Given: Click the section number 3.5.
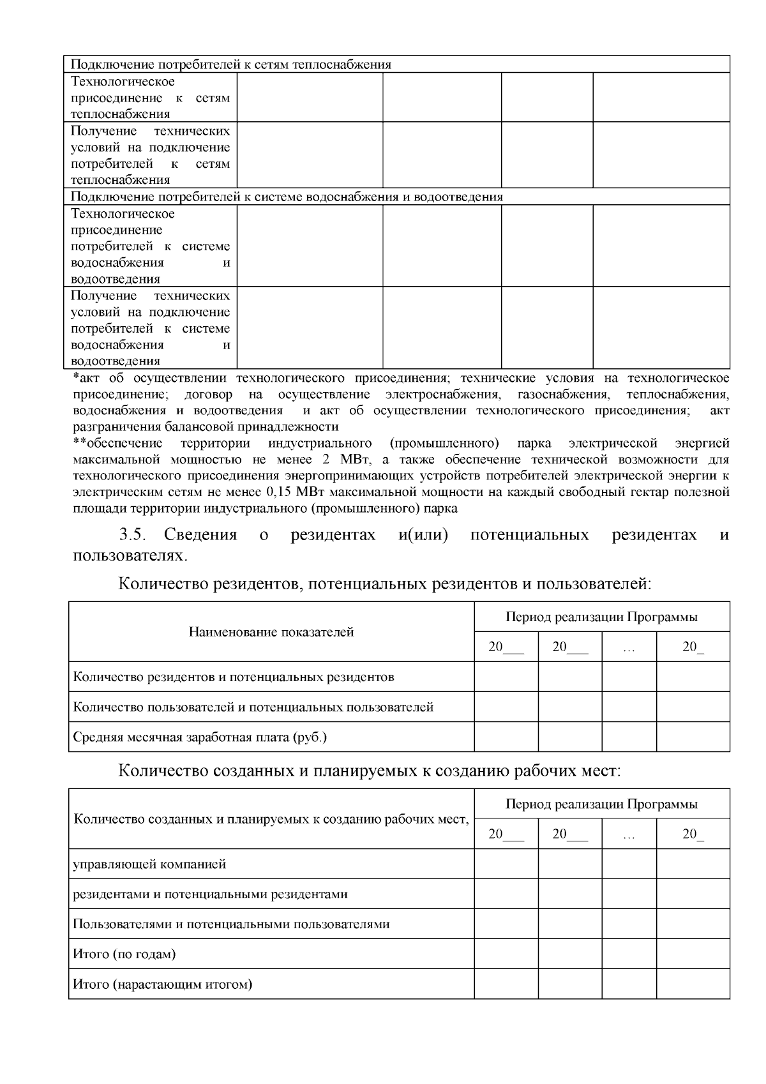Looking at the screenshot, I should (x=134, y=534).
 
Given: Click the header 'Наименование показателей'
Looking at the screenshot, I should (x=271, y=632).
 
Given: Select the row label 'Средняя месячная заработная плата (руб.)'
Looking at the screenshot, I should (x=200, y=737).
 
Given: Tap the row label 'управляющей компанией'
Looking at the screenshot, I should (x=149, y=864).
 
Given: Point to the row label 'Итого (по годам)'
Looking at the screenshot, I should (x=124, y=954).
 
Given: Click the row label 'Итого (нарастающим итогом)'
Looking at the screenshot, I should (x=163, y=984).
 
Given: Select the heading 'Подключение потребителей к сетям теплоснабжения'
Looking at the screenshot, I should (x=230, y=64).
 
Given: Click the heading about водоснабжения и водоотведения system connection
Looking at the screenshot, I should (x=287, y=197).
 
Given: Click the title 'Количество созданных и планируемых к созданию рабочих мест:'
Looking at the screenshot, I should (x=370, y=771).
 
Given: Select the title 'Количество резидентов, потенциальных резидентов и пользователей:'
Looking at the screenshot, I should (x=385, y=583).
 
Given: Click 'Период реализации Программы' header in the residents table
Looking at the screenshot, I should (x=601, y=617).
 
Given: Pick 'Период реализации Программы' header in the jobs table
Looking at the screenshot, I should (x=601, y=804).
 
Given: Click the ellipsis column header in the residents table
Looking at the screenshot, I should (x=629, y=647).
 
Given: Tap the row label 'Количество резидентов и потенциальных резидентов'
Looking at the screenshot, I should (x=234, y=677).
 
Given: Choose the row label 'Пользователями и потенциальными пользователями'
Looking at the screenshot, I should (x=231, y=924).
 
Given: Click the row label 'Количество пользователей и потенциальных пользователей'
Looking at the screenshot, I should (x=253, y=707).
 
